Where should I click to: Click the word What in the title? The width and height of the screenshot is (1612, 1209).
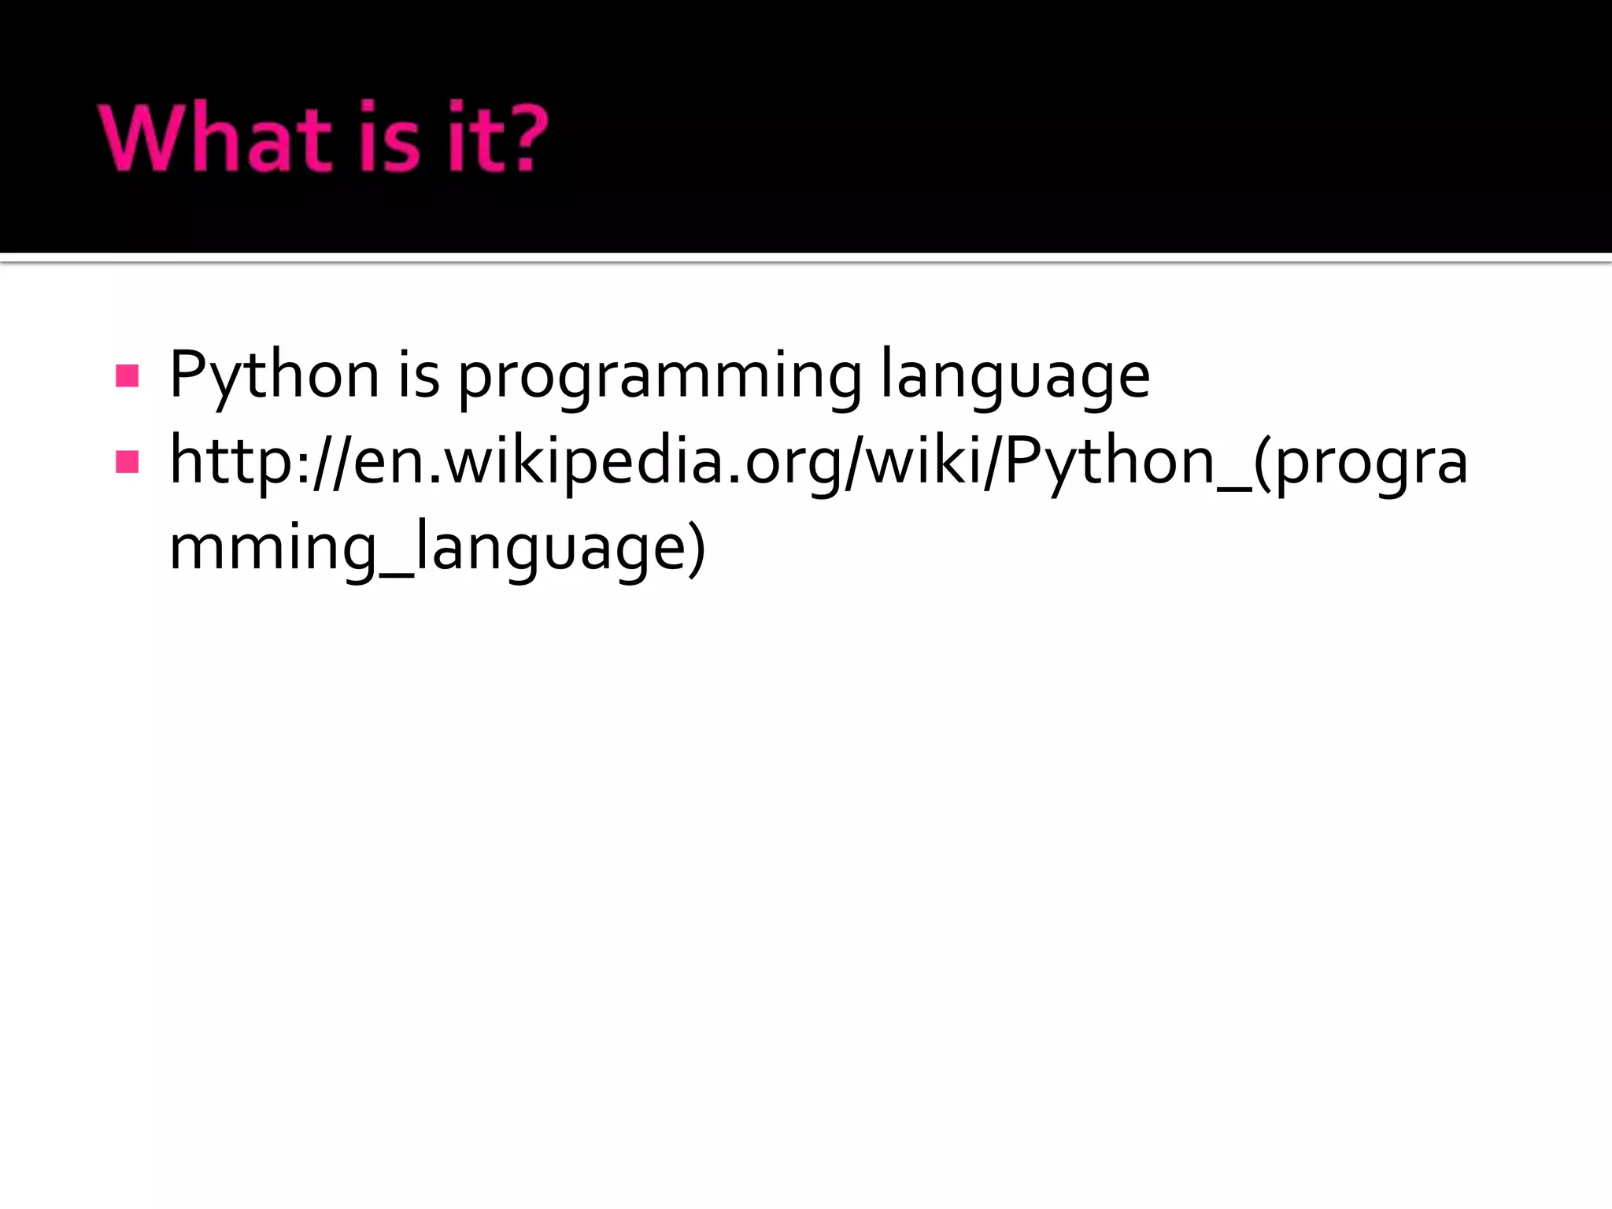[x=215, y=138]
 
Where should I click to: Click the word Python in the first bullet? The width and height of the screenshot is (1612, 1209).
[x=274, y=376]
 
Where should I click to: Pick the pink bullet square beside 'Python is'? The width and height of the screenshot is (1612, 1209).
[x=127, y=375]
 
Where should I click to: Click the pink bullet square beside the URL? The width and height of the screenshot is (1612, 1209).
[x=127, y=461]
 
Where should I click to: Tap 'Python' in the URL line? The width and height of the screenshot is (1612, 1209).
[x=1111, y=463]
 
